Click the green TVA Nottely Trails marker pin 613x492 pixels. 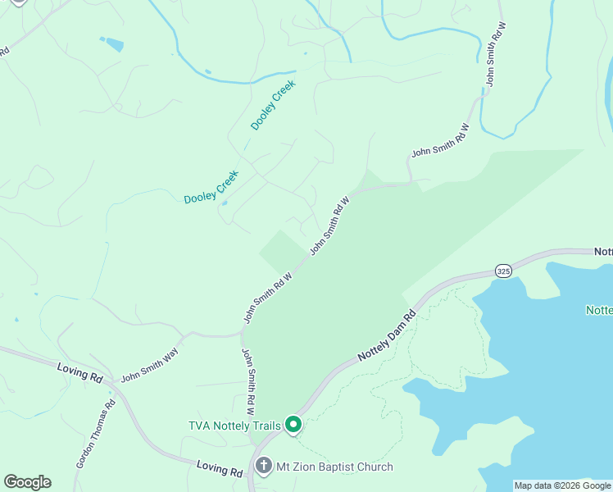293,426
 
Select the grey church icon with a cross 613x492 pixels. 264,467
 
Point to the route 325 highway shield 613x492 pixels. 503,271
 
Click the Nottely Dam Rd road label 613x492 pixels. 388,336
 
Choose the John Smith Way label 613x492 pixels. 149,365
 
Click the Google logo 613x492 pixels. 27,482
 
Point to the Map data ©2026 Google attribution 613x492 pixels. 562,485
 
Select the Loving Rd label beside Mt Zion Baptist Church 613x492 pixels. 220,470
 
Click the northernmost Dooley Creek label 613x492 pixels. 273,105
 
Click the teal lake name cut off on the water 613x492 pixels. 599,310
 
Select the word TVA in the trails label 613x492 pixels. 202,426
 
